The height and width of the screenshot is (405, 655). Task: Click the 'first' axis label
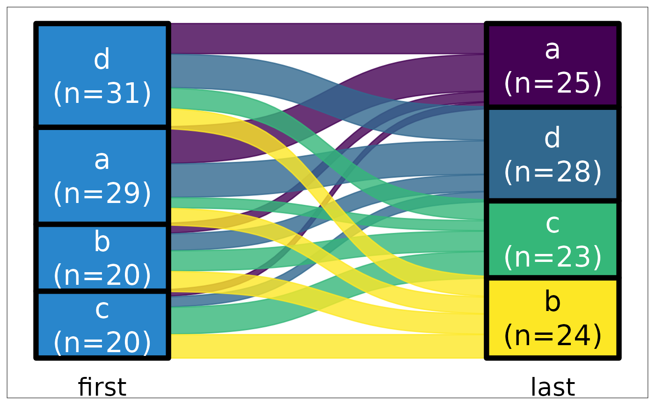point(102,387)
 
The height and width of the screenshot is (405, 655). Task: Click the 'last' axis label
point(553,387)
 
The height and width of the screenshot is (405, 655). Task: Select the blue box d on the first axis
point(102,75)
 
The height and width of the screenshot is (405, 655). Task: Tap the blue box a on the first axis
point(102,176)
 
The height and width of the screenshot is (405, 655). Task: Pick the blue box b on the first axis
point(102,258)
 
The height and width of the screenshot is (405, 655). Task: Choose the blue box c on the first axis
point(102,325)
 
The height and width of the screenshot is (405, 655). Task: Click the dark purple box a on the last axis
point(553,65)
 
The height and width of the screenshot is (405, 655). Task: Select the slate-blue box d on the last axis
point(553,154)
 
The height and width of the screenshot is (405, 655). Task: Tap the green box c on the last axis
point(553,239)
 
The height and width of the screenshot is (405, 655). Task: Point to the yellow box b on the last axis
point(553,318)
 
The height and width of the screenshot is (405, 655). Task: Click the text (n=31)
point(102,93)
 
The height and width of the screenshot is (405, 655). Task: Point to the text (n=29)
point(102,194)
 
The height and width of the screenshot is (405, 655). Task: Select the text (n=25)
point(553,83)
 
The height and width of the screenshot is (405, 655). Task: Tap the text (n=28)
point(553,172)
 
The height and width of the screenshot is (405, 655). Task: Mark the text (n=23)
point(553,257)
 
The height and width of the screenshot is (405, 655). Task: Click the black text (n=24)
point(553,336)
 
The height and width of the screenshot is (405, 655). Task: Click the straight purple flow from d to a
point(327,38)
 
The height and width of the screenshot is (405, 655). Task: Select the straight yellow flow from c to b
point(327,346)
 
